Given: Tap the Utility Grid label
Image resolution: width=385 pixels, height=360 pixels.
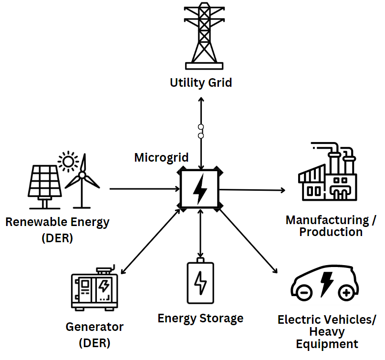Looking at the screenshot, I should click(201, 83).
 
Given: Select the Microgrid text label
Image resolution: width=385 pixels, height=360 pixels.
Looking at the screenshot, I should click(161, 157).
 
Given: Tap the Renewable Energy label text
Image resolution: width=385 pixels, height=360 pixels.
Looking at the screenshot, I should click(57, 222).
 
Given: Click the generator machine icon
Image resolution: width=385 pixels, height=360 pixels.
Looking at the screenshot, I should click(94, 288).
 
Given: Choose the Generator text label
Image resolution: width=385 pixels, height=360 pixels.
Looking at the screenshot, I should click(94, 328).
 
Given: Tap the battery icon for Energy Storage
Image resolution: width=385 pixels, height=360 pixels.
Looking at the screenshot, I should click(201, 281).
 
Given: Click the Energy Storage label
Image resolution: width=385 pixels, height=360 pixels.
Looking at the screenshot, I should click(200, 318).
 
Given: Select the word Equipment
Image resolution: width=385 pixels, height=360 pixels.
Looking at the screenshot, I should click(327, 344).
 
